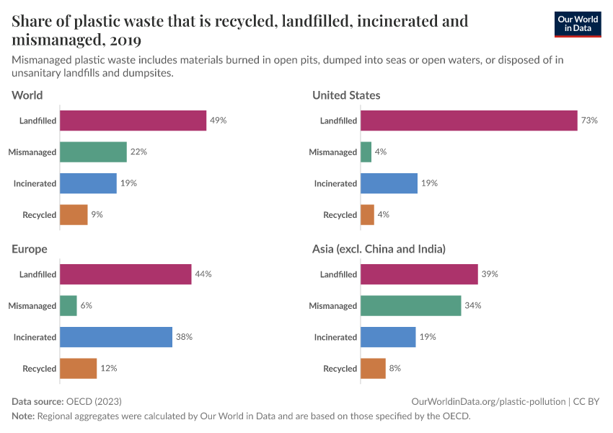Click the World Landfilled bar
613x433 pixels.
133,121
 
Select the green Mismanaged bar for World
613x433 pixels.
93,152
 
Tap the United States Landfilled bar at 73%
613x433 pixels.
469,121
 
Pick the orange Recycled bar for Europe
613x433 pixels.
78,368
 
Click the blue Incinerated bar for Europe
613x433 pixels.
116,337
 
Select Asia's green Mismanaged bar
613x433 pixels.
410,305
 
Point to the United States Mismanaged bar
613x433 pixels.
366,152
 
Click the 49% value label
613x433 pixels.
219,121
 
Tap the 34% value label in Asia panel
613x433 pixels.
473,305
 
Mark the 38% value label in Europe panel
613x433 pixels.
184,337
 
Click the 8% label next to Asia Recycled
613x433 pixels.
394,368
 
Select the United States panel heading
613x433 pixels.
346,95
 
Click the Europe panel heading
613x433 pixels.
30,249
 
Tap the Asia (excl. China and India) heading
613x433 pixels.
379,249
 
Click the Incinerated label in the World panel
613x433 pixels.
35,183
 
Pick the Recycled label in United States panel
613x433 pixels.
340,215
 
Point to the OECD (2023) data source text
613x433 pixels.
94,401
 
